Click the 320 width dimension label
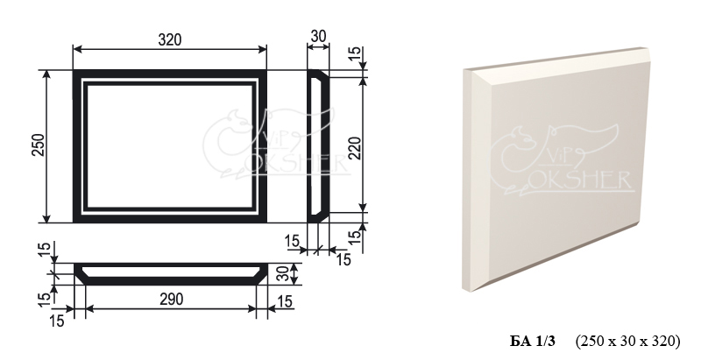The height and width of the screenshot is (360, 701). click(170, 39)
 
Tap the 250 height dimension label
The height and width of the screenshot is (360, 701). click(39, 145)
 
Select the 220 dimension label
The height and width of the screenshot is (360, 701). click(355, 148)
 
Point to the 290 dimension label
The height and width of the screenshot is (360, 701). click(171, 299)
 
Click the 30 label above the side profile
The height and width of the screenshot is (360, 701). click(318, 36)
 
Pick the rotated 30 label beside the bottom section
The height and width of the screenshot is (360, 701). click(282, 274)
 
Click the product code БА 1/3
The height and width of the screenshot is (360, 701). click(533, 342)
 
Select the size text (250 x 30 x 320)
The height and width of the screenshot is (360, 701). click(627, 342)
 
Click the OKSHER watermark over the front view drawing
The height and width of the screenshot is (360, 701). click(295, 164)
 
